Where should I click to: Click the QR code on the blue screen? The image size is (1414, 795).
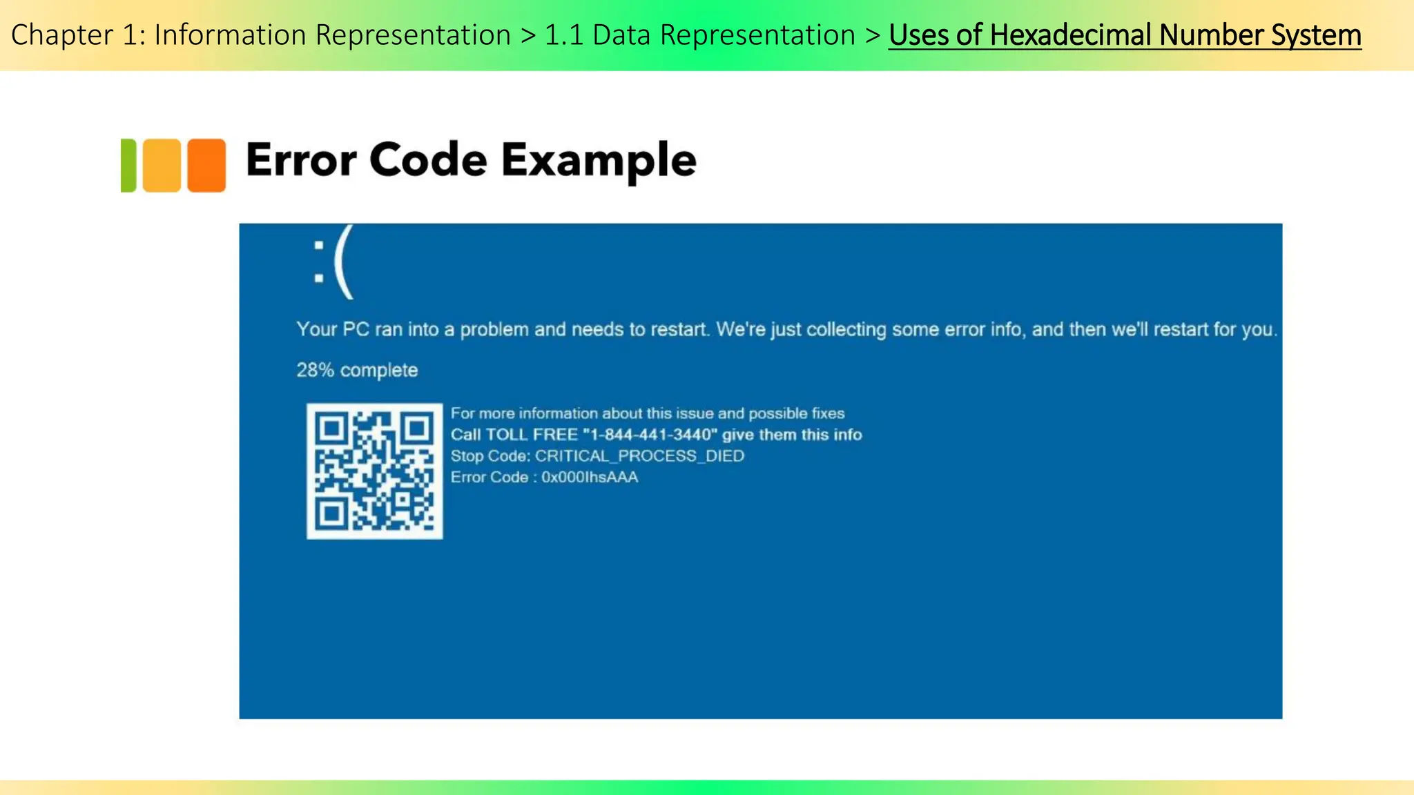(x=374, y=471)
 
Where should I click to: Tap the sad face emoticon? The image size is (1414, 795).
(x=333, y=262)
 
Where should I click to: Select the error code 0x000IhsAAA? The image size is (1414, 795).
(x=590, y=477)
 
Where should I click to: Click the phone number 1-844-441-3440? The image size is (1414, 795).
(x=648, y=435)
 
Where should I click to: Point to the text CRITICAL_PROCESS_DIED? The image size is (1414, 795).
(x=639, y=456)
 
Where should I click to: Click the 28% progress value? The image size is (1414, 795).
(x=315, y=371)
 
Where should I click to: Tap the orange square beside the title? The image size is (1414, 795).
(x=206, y=165)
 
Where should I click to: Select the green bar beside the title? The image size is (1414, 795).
(x=128, y=165)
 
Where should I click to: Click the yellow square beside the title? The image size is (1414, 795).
(x=162, y=165)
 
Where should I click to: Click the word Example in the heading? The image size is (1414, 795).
(x=599, y=160)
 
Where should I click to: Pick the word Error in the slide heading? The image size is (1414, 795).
(x=300, y=160)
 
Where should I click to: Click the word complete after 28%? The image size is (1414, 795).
(x=379, y=371)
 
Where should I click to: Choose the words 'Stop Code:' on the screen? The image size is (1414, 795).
(x=490, y=456)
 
